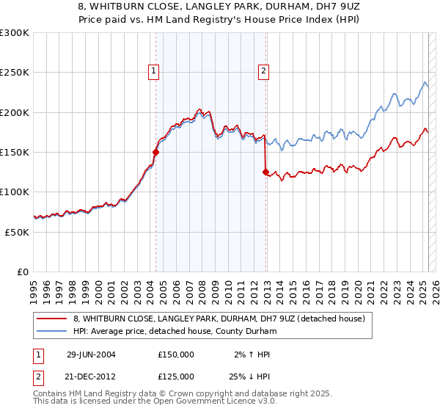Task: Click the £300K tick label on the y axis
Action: click(15, 33)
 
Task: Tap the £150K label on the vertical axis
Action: click(15, 152)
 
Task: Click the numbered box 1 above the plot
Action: click(154, 71)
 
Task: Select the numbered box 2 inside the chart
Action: click(263, 71)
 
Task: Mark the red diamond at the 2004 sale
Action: click(155, 153)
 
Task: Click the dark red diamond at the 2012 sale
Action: click(265, 172)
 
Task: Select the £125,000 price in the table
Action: click(176, 376)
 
